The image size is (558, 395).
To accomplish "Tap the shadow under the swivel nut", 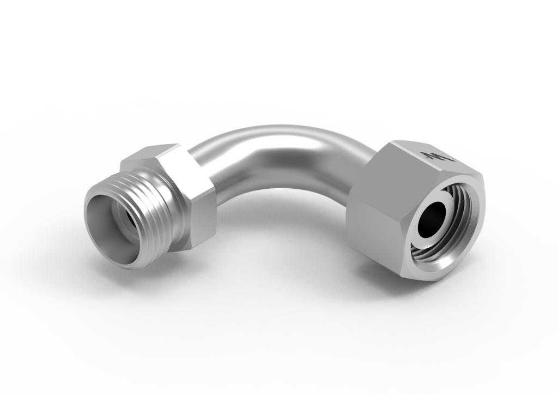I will [x=392, y=281].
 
